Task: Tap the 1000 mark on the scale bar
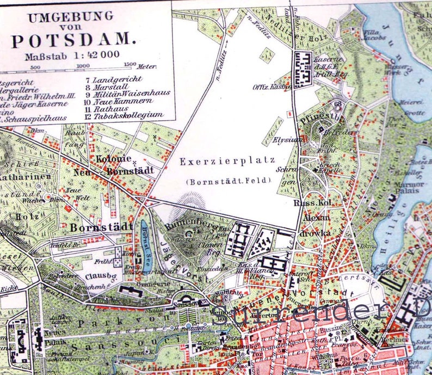coord(83,66)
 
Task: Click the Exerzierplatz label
coord(227,161)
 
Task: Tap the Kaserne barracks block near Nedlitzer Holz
coord(303,68)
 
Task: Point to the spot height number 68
coord(338,103)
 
